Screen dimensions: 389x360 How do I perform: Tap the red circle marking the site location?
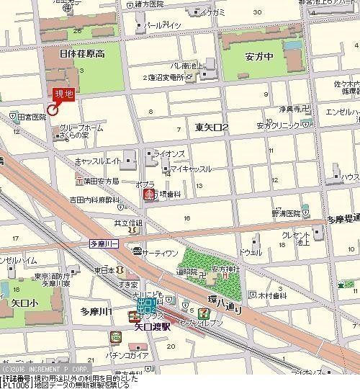pyautogui.click(x=52, y=109)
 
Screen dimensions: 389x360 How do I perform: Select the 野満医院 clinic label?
pyautogui.click(x=286, y=214)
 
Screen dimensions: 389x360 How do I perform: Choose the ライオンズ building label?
pyautogui.click(x=171, y=153)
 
